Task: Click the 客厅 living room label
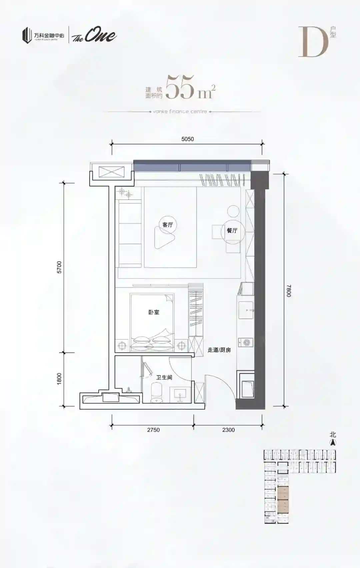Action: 168,225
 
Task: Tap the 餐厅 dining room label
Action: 232,230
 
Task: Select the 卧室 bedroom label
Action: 154,312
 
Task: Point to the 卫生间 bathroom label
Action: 164,378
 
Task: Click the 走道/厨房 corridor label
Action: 219,350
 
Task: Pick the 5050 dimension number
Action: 187,139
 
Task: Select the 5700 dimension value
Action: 59,267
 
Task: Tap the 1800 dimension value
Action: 59,379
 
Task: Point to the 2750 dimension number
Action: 154,430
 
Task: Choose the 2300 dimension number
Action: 229,430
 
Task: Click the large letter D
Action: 313,42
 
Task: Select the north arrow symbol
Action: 333,443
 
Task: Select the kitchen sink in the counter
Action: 246,310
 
